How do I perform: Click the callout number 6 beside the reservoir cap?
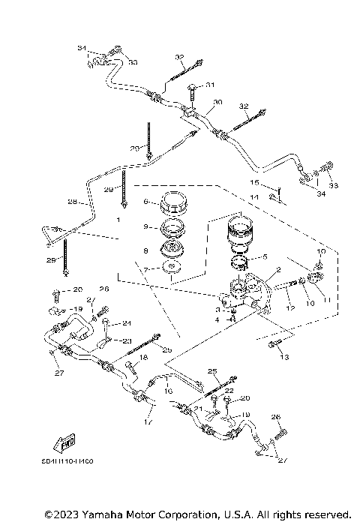[147, 202]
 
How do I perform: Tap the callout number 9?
[147, 226]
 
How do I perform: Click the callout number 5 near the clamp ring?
[263, 256]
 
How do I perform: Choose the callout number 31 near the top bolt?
[211, 85]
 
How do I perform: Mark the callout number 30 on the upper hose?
[218, 102]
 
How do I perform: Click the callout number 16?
[168, 391]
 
